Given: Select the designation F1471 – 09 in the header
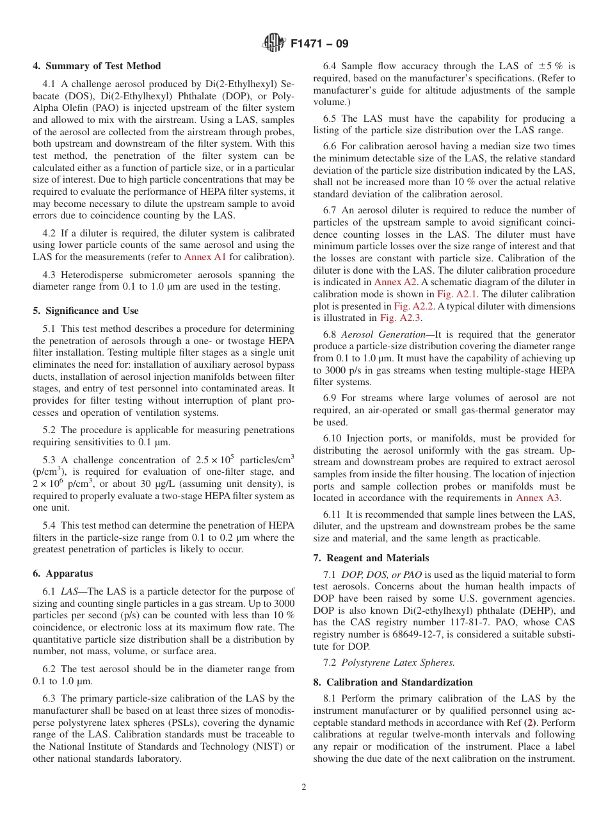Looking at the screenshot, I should coord(319,44).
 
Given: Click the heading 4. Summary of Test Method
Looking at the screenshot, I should coord(97,66).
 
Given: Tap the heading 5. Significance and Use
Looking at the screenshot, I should coord(86,311).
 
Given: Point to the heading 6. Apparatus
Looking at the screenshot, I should coord(63,573).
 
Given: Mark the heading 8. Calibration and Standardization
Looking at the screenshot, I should coord(393,682).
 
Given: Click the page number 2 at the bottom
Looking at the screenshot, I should coord(304,787).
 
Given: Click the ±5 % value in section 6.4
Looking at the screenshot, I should coord(553,66).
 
